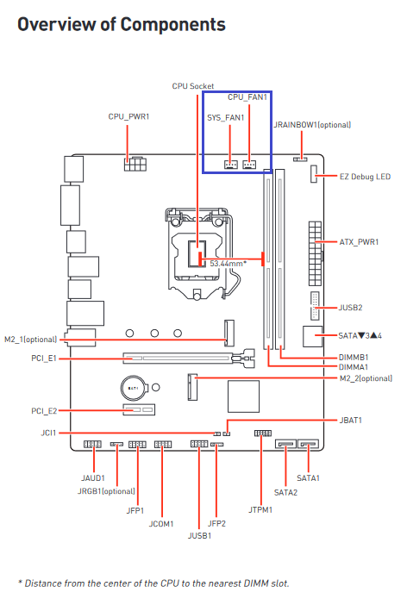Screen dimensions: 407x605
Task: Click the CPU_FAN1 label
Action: (x=247, y=97)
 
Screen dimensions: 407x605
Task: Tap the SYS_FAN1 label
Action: (x=226, y=118)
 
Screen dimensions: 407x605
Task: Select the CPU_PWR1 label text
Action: (x=128, y=116)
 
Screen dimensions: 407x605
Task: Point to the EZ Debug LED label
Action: (x=365, y=177)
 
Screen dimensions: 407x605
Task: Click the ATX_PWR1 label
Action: (x=359, y=242)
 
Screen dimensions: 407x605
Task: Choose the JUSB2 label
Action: (x=350, y=308)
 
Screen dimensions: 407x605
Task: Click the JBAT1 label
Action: (x=351, y=421)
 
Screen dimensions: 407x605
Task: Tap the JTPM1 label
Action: (x=260, y=509)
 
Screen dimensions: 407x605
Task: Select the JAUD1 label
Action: (x=93, y=478)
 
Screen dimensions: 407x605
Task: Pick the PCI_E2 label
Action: (x=44, y=411)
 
